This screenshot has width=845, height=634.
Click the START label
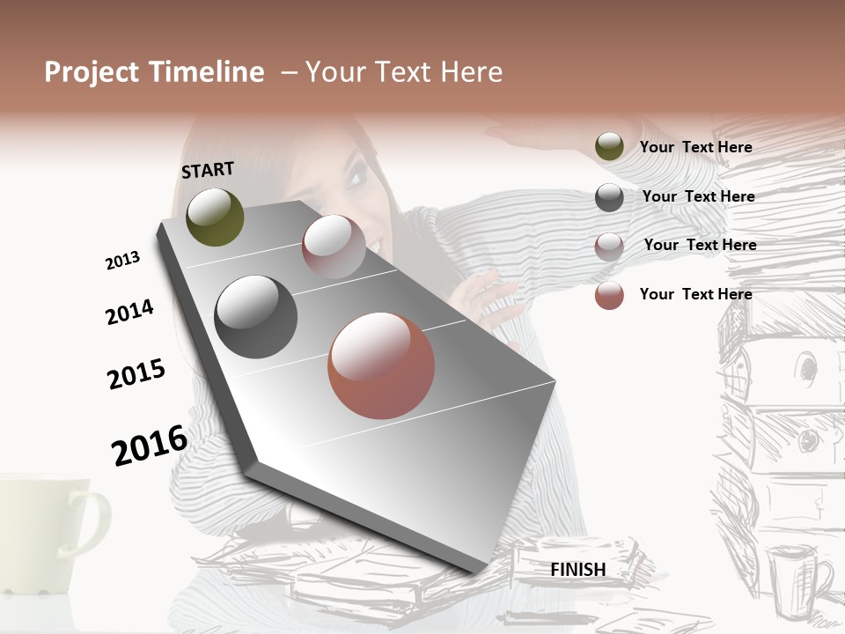[x=208, y=169]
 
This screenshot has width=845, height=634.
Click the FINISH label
[x=577, y=570]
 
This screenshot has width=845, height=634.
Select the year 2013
[x=122, y=261]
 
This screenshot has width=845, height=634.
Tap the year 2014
[x=129, y=313]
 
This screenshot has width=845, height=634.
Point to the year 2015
[x=136, y=374]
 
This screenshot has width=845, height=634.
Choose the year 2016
[x=150, y=445]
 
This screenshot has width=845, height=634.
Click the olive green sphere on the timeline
[x=215, y=217]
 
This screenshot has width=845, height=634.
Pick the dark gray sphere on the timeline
[x=255, y=317]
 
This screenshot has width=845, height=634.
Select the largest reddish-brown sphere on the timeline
[x=381, y=365]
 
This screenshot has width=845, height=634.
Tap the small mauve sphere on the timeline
[x=334, y=247]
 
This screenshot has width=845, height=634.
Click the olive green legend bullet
[x=609, y=147]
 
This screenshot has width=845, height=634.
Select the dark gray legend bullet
[x=609, y=197]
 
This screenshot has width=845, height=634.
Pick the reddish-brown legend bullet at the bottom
[x=609, y=295]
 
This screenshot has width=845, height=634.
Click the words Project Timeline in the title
[x=154, y=72]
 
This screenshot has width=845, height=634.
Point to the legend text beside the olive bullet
[x=695, y=147]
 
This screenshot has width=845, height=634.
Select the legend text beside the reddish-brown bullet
[x=695, y=294]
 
